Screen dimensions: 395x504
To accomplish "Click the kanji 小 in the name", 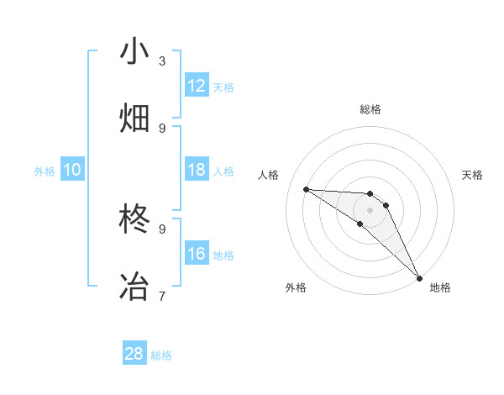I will (135, 50).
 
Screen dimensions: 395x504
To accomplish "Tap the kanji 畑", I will (135, 118).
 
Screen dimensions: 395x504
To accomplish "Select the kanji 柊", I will (135, 219).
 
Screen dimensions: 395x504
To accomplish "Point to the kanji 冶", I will (135, 286).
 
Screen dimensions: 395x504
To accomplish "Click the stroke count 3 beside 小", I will (162, 61).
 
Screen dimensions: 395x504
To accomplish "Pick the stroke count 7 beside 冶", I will (162, 296).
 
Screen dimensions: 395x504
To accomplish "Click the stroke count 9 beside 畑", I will (162, 128).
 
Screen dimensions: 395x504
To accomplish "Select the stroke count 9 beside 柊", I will (162, 229).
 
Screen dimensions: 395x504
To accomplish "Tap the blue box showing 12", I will (197, 86).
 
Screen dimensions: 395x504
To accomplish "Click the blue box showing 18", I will (197, 170).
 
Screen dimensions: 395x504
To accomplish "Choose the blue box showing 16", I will (197, 254).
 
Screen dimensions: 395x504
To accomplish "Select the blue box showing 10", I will (72, 170).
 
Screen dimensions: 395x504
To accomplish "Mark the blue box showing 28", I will (134, 354).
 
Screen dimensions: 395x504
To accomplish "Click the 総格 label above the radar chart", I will (370, 109).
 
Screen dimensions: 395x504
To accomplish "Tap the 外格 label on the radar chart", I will (296, 287).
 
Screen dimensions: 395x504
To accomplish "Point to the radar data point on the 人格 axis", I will (306, 189).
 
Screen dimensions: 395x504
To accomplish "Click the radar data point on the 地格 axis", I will (419, 277).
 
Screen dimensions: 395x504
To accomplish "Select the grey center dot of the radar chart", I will (370, 210).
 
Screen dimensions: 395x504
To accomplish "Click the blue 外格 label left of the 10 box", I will (45, 171).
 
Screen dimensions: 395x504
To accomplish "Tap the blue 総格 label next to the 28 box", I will (161, 355).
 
